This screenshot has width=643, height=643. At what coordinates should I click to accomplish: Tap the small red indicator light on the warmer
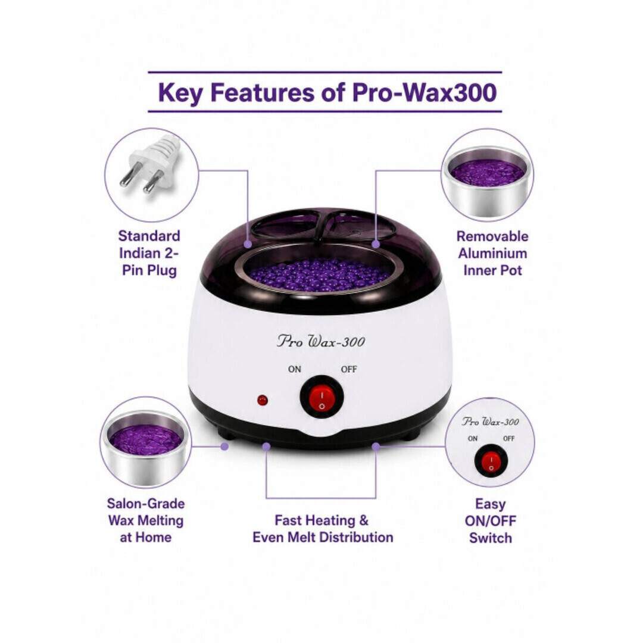pos(263,400)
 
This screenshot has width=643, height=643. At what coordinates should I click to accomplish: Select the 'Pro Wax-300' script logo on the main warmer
pos(321,341)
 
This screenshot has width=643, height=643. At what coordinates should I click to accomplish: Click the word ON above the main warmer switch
pos(295,369)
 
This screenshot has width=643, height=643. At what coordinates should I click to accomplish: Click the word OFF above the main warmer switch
pos(349,369)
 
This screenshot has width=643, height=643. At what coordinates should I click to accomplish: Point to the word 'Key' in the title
pos(180,93)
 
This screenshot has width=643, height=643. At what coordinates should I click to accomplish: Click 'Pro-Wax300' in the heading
pos(424,92)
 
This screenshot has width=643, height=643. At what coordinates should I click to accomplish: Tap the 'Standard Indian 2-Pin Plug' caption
pos(149,253)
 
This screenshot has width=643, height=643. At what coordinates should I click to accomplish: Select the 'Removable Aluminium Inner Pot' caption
pos(492,254)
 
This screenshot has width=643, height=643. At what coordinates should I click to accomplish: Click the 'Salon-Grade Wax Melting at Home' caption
pos(146,520)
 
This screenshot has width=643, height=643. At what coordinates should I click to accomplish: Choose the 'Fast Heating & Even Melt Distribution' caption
pos(323,529)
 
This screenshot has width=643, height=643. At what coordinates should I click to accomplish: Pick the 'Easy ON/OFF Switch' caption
pos(491,521)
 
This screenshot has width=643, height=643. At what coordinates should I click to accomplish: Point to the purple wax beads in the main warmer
pos(320,274)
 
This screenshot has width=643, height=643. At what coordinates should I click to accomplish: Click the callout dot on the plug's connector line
pos(248,244)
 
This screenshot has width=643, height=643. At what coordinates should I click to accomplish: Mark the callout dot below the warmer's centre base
pos(267,447)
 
